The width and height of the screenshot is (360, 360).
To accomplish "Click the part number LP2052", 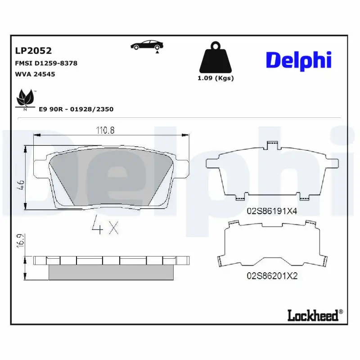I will click(x=34, y=51).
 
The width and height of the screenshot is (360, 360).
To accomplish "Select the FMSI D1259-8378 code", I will click(x=46, y=63).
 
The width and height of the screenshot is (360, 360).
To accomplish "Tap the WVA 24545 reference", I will click(x=35, y=74).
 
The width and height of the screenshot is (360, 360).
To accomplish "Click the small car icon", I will click(x=147, y=45).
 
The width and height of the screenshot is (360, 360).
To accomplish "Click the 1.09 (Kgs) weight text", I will click(x=216, y=78).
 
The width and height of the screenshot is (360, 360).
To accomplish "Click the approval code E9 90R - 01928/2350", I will click(x=76, y=109).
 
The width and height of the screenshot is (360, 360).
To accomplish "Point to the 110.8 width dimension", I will click(x=105, y=130).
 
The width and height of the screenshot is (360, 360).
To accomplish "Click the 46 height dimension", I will click(x=20, y=184).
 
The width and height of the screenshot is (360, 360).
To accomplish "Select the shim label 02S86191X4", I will click(x=272, y=211).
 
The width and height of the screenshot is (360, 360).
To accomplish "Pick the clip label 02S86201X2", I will click(x=272, y=276).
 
